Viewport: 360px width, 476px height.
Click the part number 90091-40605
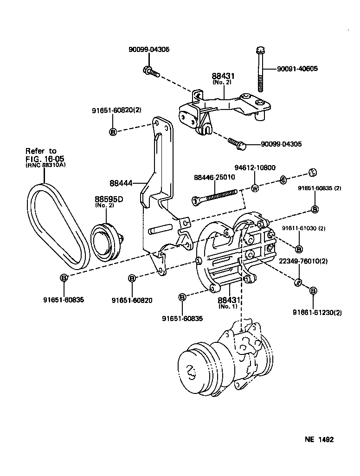[297, 69]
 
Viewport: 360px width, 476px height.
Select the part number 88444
[120, 183]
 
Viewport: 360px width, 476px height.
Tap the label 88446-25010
[214, 177]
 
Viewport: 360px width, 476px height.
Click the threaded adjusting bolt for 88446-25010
[216, 195]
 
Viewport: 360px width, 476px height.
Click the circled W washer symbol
[254, 188]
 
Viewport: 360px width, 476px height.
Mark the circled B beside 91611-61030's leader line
[299, 249]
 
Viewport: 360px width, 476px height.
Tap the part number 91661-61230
[317, 312]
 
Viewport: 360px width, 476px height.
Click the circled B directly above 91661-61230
[313, 291]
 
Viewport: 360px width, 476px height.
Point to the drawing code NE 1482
[319, 439]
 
